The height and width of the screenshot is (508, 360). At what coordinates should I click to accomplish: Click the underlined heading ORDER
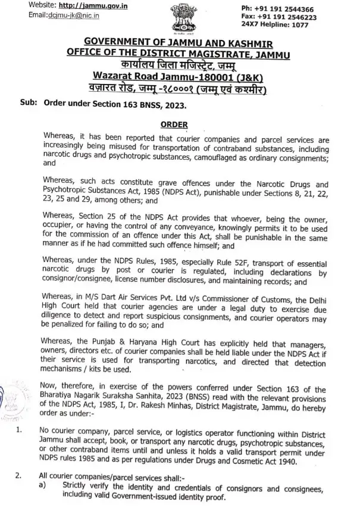point(175,124)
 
